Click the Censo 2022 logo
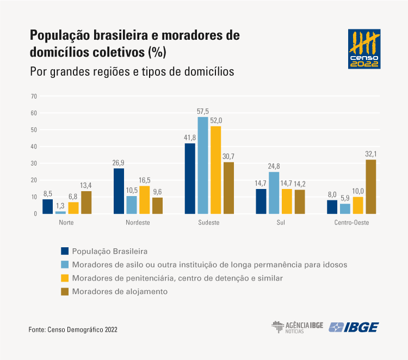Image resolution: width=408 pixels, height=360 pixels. click(x=364, y=49)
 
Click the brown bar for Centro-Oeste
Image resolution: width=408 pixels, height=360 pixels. click(x=371, y=186)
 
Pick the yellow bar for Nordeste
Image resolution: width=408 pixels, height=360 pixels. click(x=144, y=199)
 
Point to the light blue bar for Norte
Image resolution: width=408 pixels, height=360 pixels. click(x=60, y=212)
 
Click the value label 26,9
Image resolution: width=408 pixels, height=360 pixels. click(x=119, y=163)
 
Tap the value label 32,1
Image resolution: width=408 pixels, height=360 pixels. click(x=371, y=154)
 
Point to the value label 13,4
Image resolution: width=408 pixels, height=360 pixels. click(x=86, y=186)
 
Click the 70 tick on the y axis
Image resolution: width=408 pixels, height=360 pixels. click(x=34, y=96)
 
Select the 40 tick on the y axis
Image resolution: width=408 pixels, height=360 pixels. click(x=34, y=147)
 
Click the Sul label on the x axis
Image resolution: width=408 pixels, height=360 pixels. click(x=280, y=223)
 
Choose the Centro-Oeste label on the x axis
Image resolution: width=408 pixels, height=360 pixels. click(x=351, y=223)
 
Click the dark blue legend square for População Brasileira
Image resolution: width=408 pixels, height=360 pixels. click(x=65, y=251)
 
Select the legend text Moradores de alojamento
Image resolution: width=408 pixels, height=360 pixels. click(x=120, y=291)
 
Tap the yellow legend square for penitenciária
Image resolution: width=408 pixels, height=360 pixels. click(x=65, y=278)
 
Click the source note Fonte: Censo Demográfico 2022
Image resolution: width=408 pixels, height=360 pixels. click(x=73, y=330)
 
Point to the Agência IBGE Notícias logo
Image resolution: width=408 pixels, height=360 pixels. click(x=297, y=327)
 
